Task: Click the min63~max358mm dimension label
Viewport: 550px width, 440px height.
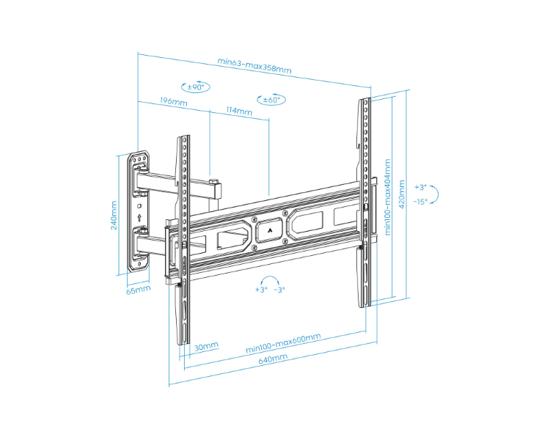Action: (254, 65)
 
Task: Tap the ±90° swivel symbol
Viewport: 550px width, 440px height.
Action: (196, 87)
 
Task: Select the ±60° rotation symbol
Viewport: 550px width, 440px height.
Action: (271, 100)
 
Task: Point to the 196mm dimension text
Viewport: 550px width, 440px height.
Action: (174, 101)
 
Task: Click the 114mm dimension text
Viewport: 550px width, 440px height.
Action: (239, 111)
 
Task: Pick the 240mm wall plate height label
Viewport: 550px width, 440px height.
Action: (114, 215)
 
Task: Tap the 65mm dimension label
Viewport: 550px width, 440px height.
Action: (138, 290)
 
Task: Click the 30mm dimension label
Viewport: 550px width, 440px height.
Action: (206, 346)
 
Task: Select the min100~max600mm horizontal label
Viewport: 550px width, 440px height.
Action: (283, 342)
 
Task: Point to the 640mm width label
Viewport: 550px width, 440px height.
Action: (273, 359)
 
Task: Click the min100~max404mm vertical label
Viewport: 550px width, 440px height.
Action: (387, 197)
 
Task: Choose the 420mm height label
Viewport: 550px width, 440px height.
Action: (402, 194)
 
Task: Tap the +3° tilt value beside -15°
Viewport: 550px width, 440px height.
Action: (420, 187)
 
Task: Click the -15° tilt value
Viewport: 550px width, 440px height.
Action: (420, 202)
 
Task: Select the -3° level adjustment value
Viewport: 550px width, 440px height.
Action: (279, 290)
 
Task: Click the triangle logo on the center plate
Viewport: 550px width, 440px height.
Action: (269, 230)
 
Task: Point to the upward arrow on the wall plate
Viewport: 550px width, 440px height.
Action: (139, 218)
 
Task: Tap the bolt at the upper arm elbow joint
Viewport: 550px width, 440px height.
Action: (213, 181)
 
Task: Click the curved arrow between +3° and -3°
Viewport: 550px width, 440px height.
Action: (270, 279)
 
